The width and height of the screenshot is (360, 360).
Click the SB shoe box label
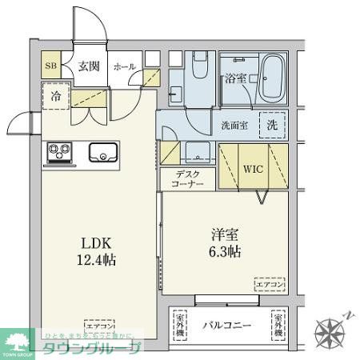point(50,67)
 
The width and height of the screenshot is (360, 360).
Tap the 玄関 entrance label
point(87,67)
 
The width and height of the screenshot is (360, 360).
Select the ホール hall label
point(125,67)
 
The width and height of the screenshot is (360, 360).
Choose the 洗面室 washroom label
point(235,125)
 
